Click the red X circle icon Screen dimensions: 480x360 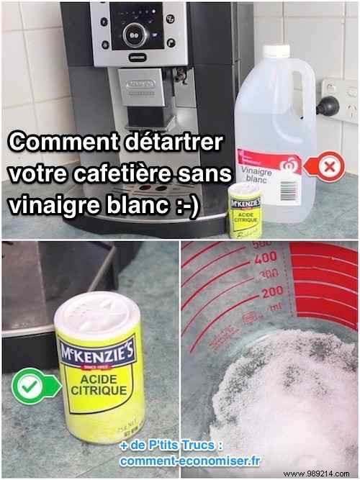(x=330, y=168)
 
